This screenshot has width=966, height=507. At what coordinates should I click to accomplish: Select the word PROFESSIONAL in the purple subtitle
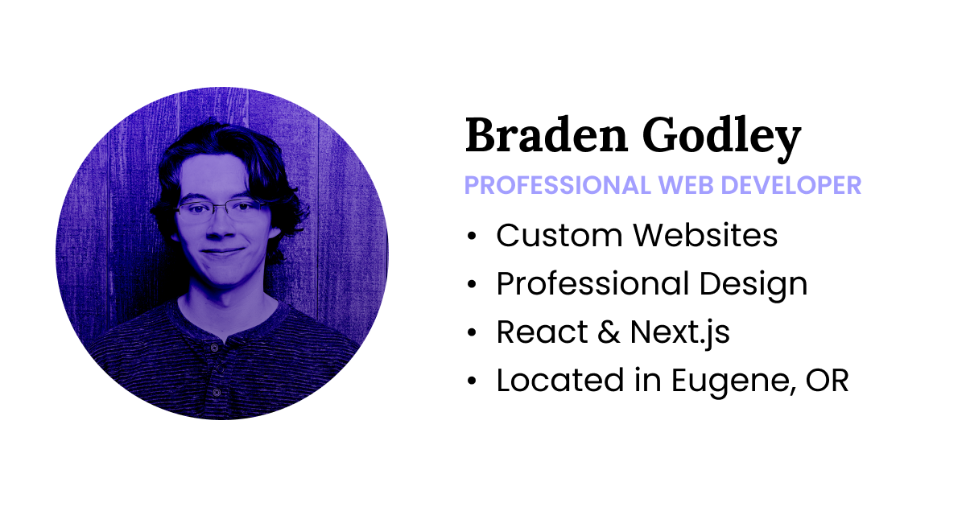click(556, 185)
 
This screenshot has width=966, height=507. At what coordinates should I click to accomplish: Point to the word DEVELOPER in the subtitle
click(791, 185)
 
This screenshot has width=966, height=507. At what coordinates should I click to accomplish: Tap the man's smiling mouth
click(220, 252)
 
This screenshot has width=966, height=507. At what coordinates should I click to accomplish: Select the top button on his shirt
click(214, 348)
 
